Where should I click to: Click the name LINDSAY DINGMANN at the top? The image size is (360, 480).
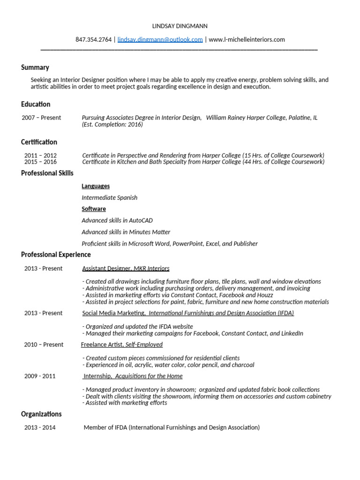pyautogui.click(x=180, y=26)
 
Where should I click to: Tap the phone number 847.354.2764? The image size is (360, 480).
pyautogui.click(x=93, y=39)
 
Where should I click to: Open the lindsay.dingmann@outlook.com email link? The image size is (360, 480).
pyautogui.click(x=160, y=39)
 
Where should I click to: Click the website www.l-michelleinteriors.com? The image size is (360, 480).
pyautogui.click(x=247, y=39)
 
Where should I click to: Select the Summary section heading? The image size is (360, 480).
pyautogui.click(x=35, y=67)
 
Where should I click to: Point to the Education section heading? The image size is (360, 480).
pyautogui.click(x=36, y=104)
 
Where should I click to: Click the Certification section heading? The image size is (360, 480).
pyautogui.click(x=39, y=142)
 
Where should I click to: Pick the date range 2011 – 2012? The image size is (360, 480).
pyautogui.click(x=40, y=155)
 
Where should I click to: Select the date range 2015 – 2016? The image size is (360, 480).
pyautogui.click(x=40, y=162)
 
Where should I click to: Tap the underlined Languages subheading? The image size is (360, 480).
pyautogui.click(x=96, y=186)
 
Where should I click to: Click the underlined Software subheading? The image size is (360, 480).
pyautogui.click(x=94, y=209)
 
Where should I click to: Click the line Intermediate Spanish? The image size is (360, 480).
pyautogui.click(x=109, y=197)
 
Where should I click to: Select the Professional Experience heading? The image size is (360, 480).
pyautogui.click(x=56, y=255)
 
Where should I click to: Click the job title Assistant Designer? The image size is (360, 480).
pyautogui.click(x=106, y=269)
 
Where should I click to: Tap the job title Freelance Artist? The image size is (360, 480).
pyautogui.click(x=102, y=345)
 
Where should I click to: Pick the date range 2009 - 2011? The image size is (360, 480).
pyautogui.click(x=40, y=376)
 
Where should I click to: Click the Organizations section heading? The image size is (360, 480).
pyautogui.click(x=41, y=414)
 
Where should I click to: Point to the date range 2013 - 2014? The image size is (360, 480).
pyautogui.click(x=40, y=427)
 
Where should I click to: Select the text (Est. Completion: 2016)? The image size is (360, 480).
pyautogui.click(x=112, y=124)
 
